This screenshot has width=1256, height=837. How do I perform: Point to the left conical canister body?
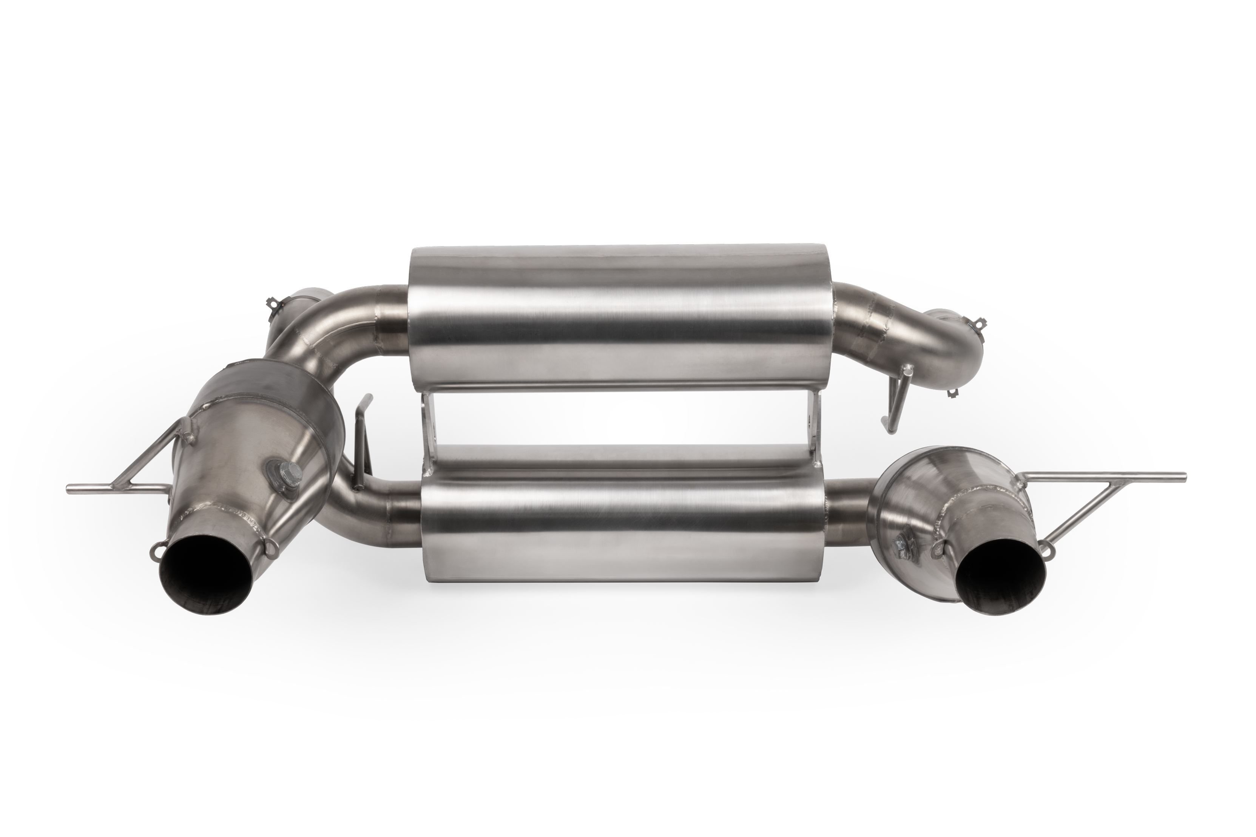click(x=251, y=443)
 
